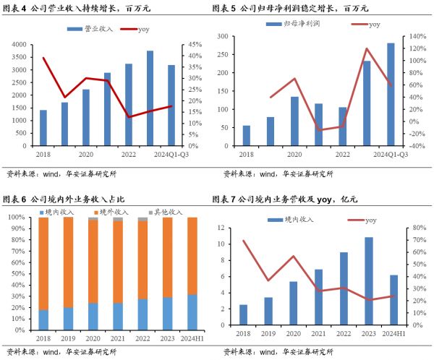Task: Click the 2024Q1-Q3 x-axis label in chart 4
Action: click(x=171, y=154)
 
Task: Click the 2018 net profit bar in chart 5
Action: click(x=247, y=136)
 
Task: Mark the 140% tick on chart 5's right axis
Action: click(x=420, y=36)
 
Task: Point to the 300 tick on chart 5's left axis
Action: click(x=223, y=36)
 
